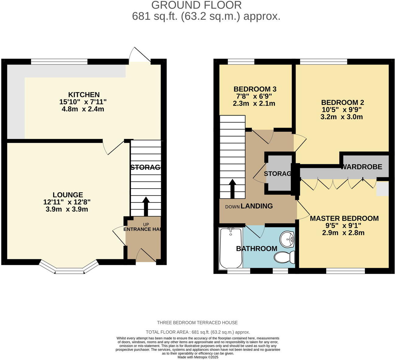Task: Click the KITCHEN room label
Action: [x=84, y=95]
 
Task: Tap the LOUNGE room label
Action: [x=68, y=195]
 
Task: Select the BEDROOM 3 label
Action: [x=255, y=89]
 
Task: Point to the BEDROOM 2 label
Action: [x=342, y=102]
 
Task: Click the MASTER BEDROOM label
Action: [x=344, y=218]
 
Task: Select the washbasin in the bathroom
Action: [x=287, y=239]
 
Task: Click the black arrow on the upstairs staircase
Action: [x=232, y=189]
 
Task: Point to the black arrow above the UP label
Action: [x=146, y=206]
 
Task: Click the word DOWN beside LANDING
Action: [x=232, y=207]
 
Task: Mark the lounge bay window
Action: [x=69, y=268]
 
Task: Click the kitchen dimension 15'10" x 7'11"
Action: [x=83, y=102]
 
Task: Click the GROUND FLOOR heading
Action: [x=196, y=5]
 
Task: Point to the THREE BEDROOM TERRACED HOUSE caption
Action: [x=197, y=323]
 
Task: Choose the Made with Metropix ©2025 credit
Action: [x=198, y=357]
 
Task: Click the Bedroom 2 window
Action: [x=324, y=62]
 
